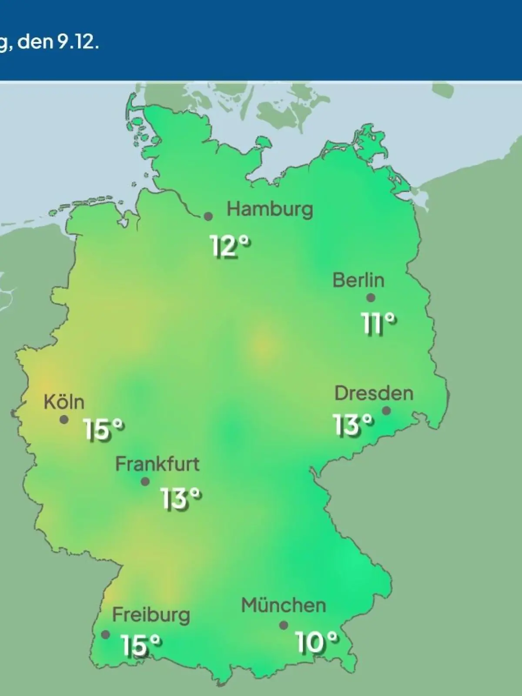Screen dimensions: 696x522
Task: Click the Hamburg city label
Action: (270, 210)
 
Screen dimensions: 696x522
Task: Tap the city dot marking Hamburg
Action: (208, 216)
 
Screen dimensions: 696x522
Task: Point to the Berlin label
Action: (358, 280)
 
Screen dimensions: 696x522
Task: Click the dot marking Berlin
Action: (371, 298)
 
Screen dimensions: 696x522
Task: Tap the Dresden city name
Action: (374, 393)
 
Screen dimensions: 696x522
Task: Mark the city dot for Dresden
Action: (386, 411)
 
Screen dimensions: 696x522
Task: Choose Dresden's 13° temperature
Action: (353, 425)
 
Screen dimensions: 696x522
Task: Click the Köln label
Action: (64, 402)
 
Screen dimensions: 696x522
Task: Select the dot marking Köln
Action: (64, 420)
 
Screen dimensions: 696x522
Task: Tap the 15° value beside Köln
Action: (104, 430)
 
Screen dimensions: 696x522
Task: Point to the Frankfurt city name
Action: (157, 464)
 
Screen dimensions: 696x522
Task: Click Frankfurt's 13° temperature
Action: (180, 498)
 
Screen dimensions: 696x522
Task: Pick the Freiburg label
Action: (151, 615)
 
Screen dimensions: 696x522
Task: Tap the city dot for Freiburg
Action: (105, 634)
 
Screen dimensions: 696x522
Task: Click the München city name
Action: (283, 606)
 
